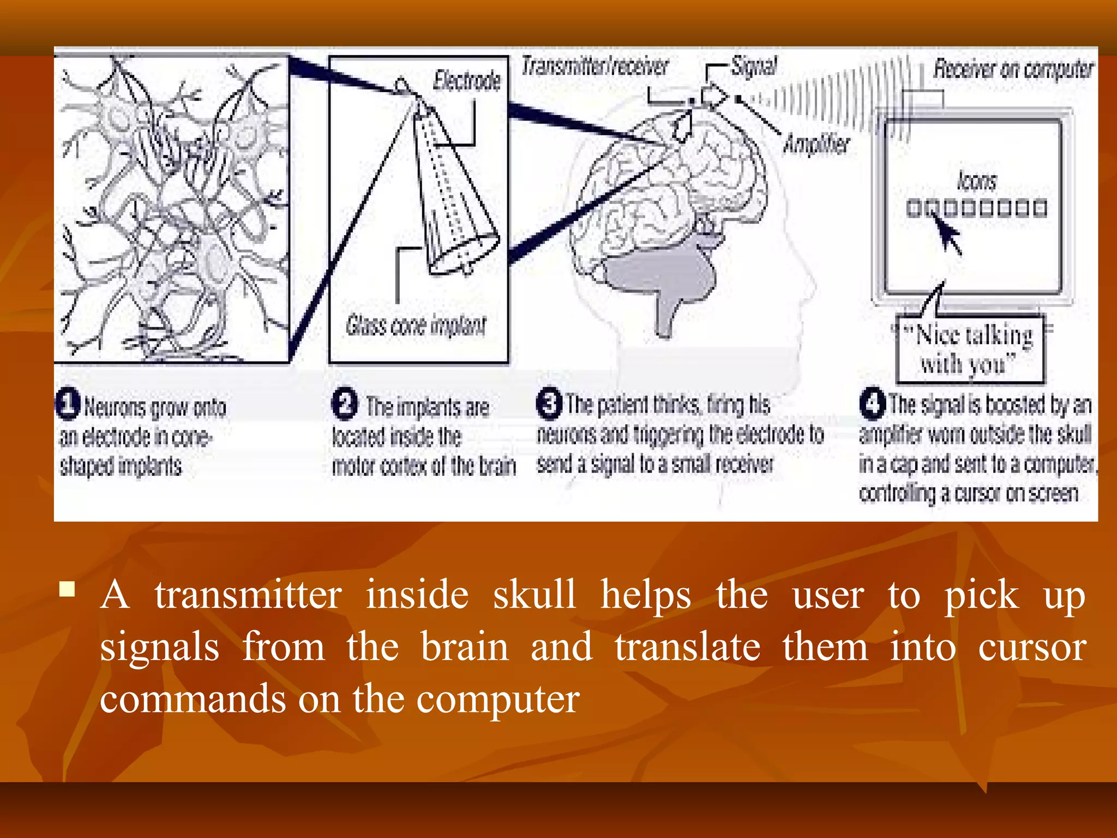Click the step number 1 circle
point(69,404)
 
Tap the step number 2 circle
point(345,404)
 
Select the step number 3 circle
point(549,404)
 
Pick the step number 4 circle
point(872,404)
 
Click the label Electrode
point(467,81)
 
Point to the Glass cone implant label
point(416,326)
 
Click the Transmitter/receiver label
point(594,67)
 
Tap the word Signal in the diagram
point(754,67)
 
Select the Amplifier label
point(816,145)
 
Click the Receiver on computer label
point(1013,70)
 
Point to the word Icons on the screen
point(976,182)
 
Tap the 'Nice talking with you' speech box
point(970,350)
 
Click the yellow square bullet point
point(67,590)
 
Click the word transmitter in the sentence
point(248,595)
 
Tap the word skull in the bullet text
point(534,595)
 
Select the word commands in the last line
point(193,699)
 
